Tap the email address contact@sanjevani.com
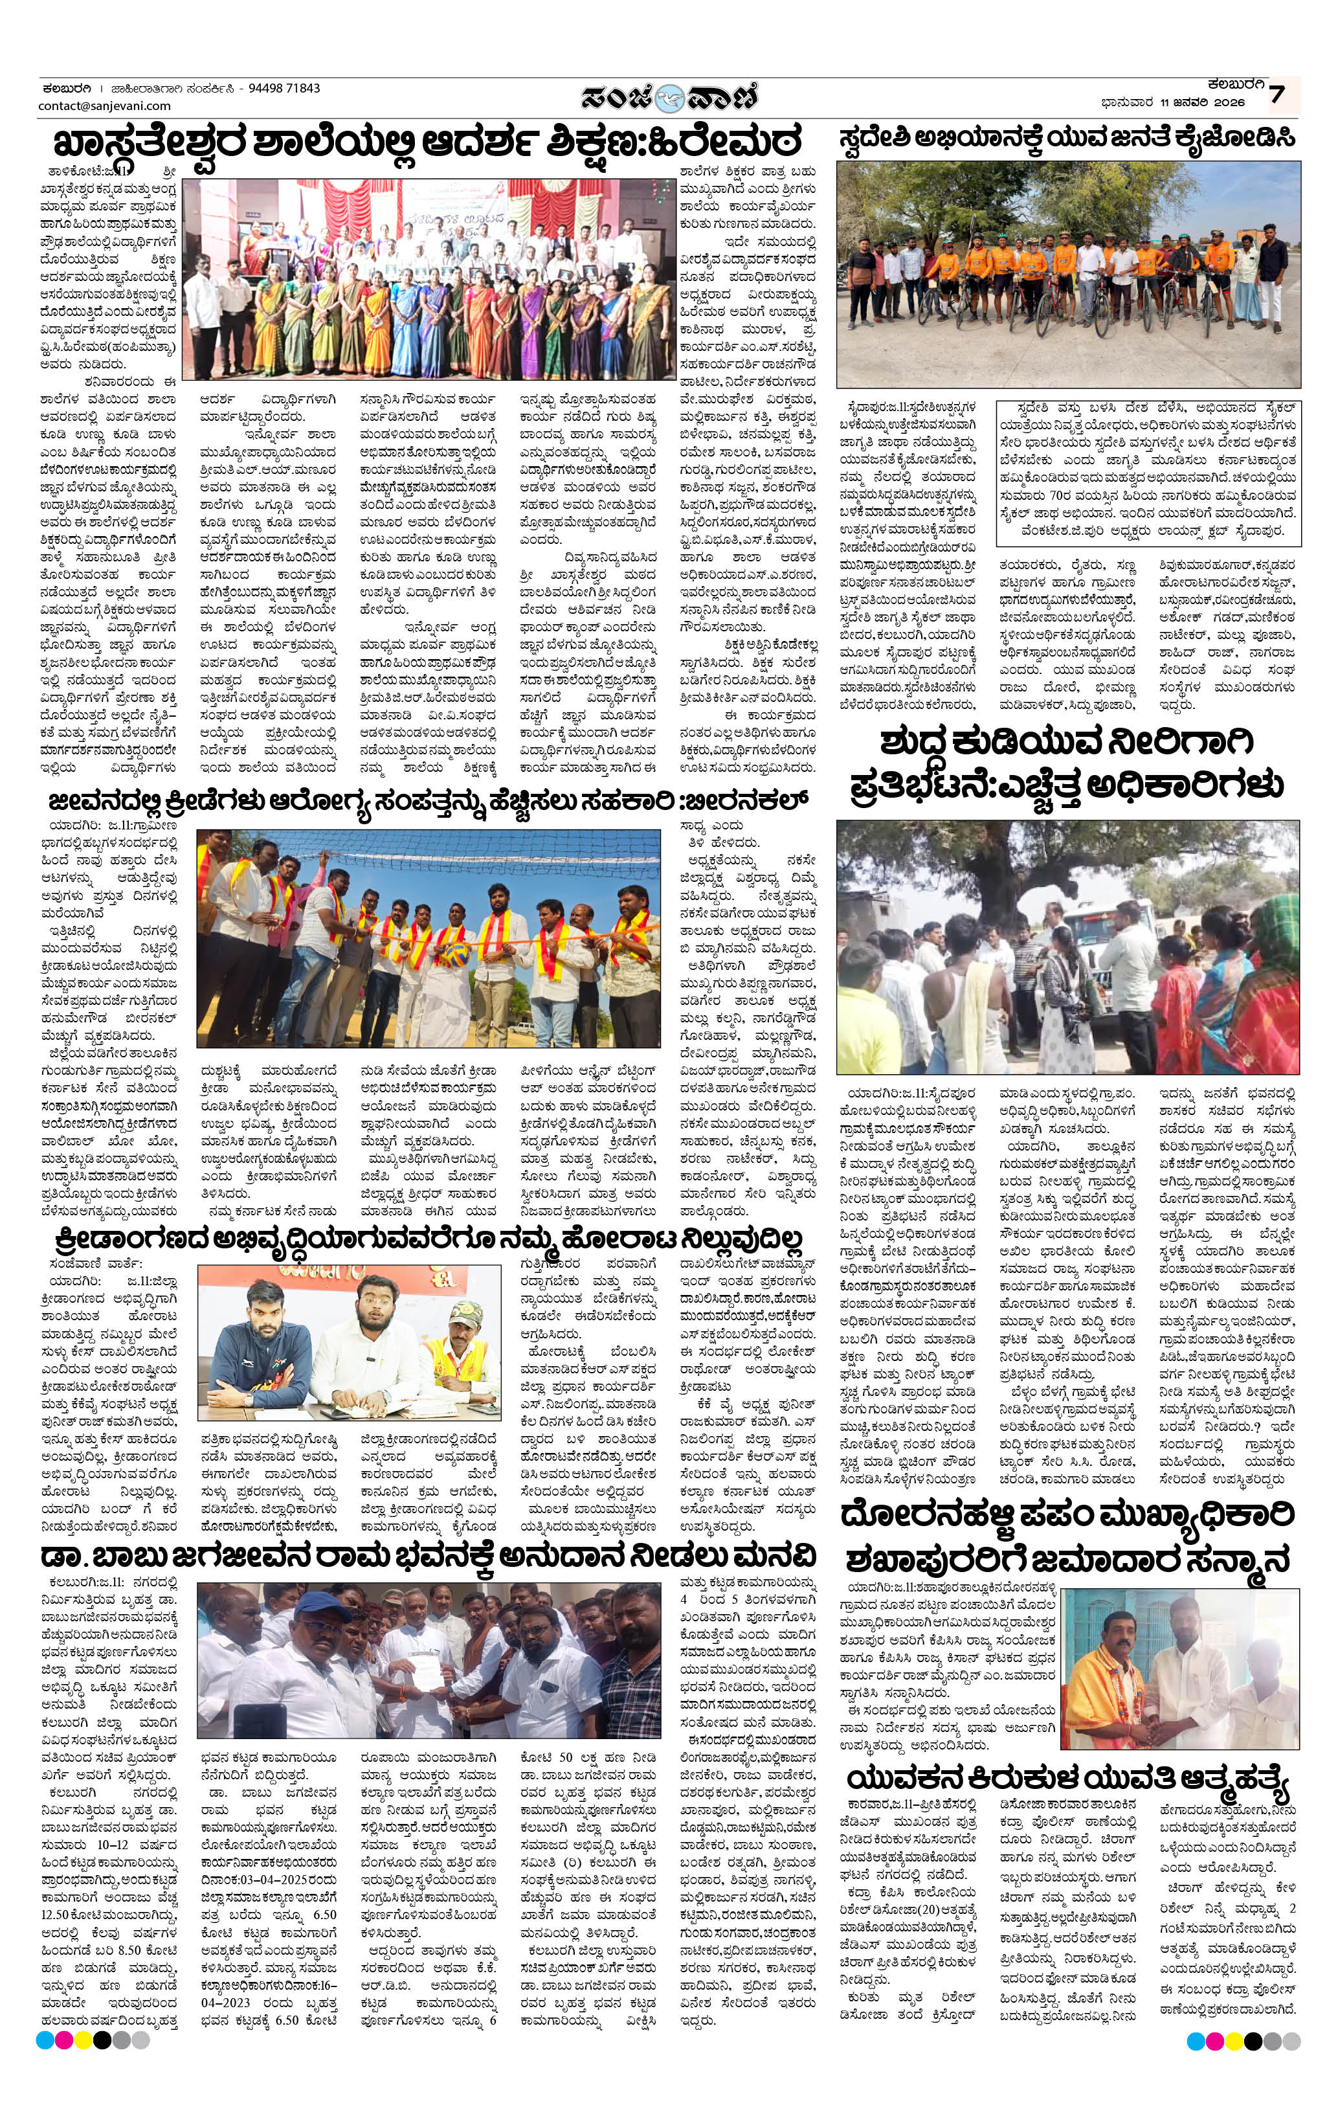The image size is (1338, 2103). click(104, 106)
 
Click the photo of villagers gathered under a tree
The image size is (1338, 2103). click(1067, 947)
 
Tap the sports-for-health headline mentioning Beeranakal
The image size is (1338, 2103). click(428, 802)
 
